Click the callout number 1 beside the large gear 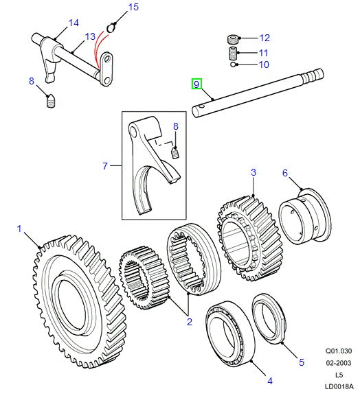coord(19,229)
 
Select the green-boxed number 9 coord(196,84)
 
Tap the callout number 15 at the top coord(133,8)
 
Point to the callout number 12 coord(265,38)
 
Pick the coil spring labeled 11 coord(234,52)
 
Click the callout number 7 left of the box coord(105,165)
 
